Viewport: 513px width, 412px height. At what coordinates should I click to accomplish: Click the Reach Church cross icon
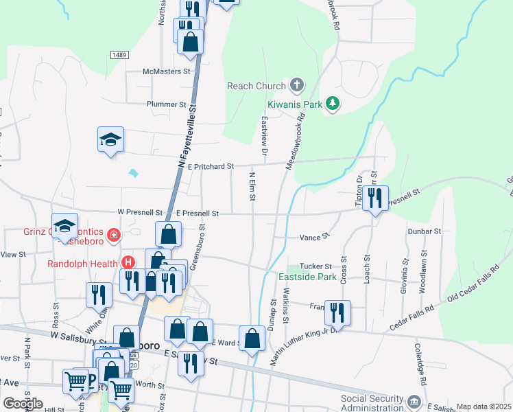tap(296, 85)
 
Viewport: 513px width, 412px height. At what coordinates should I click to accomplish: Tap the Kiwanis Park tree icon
tap(333, 104)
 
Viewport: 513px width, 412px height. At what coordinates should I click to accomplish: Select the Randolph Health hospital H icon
tap(127, 262)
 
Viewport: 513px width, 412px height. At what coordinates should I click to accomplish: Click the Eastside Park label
tap(307, 277)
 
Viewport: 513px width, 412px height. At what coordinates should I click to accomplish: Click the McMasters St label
tap(166, 71)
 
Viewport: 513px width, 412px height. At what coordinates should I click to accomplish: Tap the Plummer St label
tap(166, 104)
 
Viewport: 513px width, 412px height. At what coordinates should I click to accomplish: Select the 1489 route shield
tap(119, 54)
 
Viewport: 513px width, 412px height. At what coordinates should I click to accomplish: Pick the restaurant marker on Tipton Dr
tap(374, 198)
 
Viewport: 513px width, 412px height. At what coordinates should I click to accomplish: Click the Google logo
tap(23, 404)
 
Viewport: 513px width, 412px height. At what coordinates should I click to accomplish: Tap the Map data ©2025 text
tap(484, 407)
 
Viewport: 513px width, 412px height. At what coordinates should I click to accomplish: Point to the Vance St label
tap(314, 237)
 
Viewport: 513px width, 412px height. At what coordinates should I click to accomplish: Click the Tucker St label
tap(319, 266)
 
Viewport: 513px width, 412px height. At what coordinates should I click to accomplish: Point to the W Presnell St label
tap(140, 213)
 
